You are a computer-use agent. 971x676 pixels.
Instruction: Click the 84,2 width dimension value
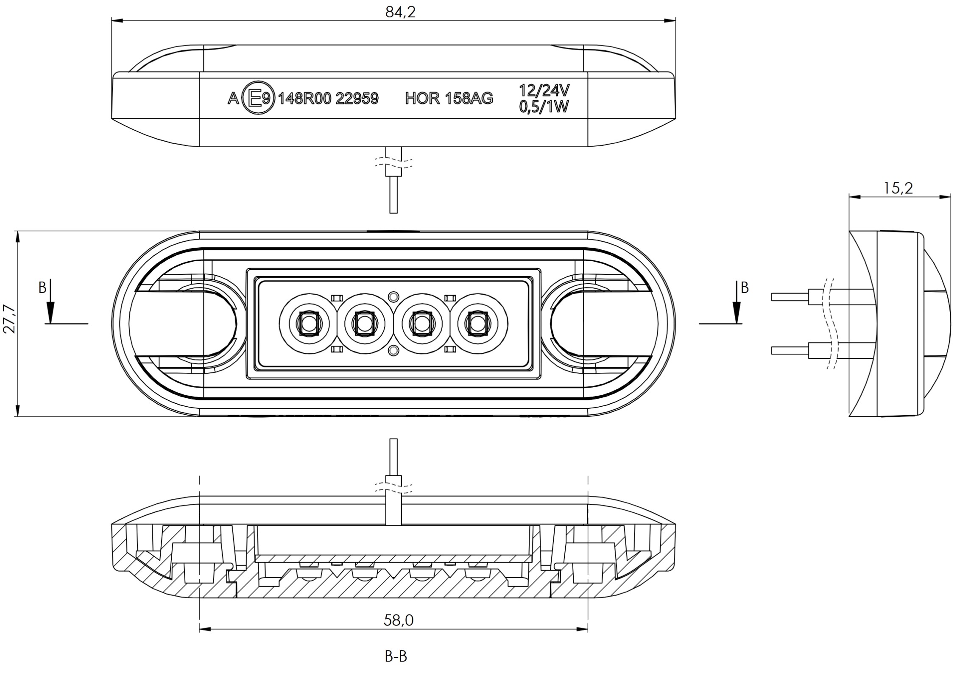pos(400,12)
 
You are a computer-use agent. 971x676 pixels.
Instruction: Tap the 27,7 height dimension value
pos(9,319)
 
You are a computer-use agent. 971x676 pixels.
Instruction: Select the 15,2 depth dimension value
pos(898,188)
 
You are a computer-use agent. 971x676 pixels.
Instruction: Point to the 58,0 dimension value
pos(399,620)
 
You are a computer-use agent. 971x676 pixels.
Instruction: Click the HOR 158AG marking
pos(449,98)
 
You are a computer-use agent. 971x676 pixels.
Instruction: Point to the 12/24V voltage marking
pos(544,90)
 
